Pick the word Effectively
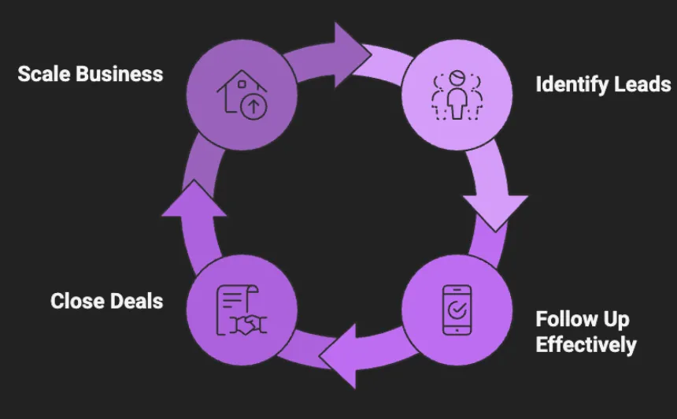(586, 344)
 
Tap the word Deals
(137, 301)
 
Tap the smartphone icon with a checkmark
(457, 310)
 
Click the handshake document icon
(241, 310)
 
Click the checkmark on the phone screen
(457, 310)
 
